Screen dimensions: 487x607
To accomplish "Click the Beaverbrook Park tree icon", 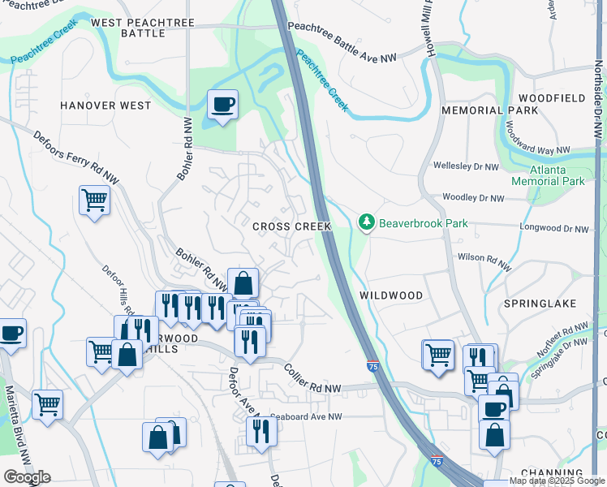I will tap(367, 222).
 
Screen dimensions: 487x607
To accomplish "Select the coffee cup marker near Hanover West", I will tap(222, 105).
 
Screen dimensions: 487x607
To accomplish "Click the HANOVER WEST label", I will tap(105, 106).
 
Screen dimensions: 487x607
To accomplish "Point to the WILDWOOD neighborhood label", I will tap(390, 295).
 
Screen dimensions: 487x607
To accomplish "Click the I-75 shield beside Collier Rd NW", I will tap(372, 367).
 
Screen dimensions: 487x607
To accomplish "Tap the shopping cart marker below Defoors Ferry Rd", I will tap(95, 200).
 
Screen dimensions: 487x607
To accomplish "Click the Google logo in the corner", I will tap(27, 477).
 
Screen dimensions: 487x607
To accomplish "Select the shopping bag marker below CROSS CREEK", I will tap(243, 283).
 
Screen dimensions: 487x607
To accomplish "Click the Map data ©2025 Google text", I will tap(557, 481).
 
